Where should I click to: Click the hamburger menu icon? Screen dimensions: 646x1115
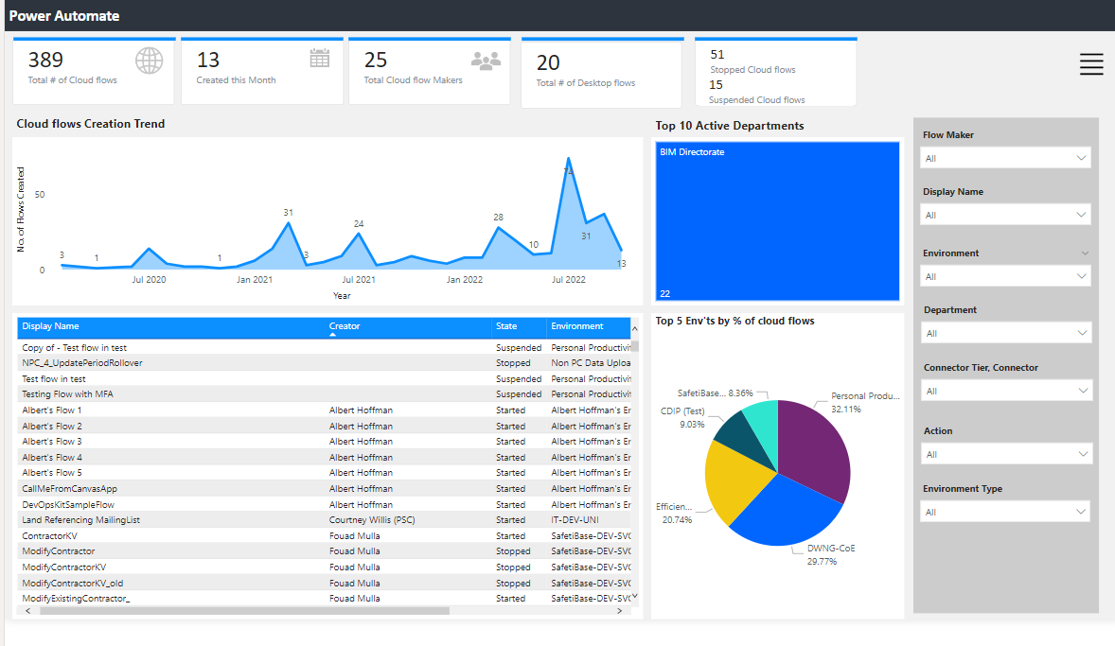(x=1091, y=63)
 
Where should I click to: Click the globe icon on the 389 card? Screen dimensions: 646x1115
(x=150, y=61)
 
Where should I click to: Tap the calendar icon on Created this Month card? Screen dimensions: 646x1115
(x=320, y=59)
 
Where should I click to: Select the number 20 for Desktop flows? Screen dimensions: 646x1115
(x=548, y=63)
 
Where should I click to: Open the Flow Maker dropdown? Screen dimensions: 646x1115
(x=1005, y=159)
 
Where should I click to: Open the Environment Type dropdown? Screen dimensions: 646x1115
(x=1005, y=512)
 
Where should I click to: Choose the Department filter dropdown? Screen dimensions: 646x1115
(x=1005, y=333)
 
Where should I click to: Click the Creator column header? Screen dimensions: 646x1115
(x=345, y=326)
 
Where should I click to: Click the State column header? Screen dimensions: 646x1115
(x=506, y=326)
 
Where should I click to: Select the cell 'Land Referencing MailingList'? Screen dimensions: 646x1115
(x=80, y=520)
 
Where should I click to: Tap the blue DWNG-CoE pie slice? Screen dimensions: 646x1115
(x=786, y=515)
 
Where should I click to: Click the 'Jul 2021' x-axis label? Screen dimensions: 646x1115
(x=359, y=280)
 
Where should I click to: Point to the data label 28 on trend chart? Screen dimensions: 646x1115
(x=498, y=218)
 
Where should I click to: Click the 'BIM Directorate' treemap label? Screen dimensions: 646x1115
(x=692, y=152)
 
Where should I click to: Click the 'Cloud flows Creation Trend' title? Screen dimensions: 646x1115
(x=91, y=124)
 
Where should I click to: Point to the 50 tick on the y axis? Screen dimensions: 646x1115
(x=40, y=195)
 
